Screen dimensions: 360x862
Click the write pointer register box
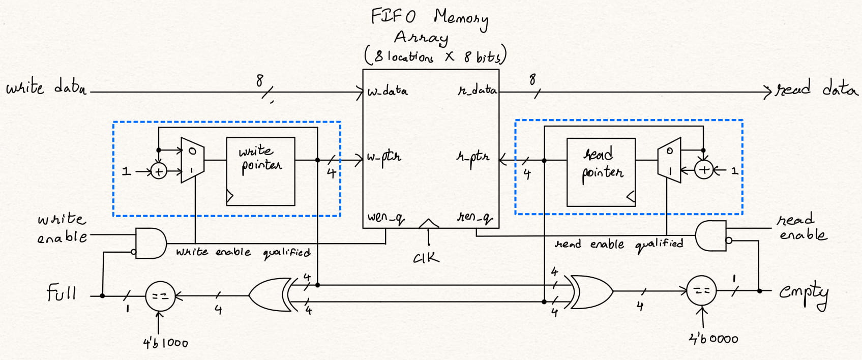(x=260, y=171)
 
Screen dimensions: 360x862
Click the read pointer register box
(x=601, y=172)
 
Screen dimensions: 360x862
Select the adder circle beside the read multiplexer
(x=704, y=170)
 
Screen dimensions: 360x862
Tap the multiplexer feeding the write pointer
(x=192, y=160)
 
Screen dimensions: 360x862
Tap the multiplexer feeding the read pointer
(x=669, y=160)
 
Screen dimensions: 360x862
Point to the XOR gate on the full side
(x=270, y=294)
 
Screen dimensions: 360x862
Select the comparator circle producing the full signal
(x=160, y=296)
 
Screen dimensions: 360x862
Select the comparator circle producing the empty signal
(x=702, y=291)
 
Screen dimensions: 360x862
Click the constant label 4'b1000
(x=165, y=343)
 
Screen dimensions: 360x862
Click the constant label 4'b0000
(x=713, y=339)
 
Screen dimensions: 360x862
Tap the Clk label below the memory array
(x=426, y=258)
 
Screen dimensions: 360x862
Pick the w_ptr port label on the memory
(x=384, y=157)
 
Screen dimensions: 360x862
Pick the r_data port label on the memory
(x=477, y=91)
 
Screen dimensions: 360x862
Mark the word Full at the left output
(x=62, y=293)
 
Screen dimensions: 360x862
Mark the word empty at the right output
(x=804, y=293)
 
